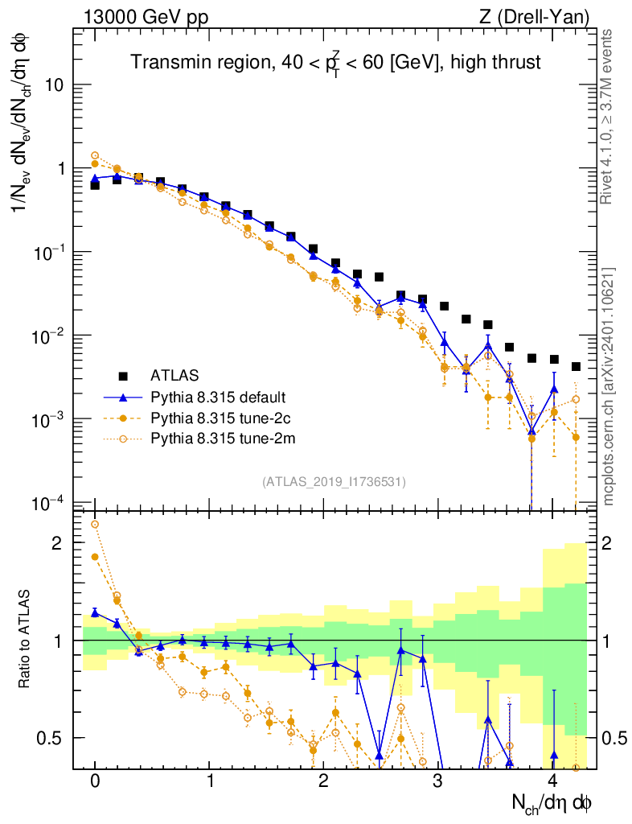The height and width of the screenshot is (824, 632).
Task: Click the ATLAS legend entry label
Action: [175, 375]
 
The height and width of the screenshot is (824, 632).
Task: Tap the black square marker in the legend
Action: [123, 375]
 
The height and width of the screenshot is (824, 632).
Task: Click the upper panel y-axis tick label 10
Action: [53, 85]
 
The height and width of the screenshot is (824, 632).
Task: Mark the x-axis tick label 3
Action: [437, 781]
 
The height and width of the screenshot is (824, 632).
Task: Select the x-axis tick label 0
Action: [95, 781]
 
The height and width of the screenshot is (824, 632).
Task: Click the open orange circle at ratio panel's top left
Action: [95, 524]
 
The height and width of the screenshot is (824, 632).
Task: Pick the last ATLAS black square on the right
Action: [576, 366]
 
